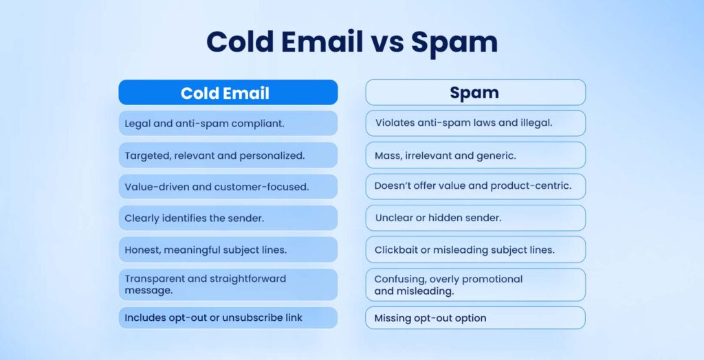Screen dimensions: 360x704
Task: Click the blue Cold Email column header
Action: click(228, 93)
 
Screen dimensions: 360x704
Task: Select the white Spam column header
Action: click(475, 93)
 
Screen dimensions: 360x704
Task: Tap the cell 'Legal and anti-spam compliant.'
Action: click(228, 124)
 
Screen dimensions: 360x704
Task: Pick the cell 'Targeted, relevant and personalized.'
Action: click(228, 155)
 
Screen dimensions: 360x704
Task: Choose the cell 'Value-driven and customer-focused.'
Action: click(228, 187)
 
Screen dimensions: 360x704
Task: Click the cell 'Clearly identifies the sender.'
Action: click(228, 218)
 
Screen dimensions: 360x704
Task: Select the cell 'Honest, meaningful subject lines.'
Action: click(228, 250)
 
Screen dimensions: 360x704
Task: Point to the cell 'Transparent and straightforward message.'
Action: click(228, 284)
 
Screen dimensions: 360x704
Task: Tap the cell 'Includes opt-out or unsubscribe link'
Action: click(228, 318)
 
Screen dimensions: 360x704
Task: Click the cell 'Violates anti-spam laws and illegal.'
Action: click(475, 124)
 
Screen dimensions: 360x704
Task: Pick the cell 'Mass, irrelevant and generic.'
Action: click(475, 155)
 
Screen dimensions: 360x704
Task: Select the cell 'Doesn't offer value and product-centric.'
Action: click(475, 187)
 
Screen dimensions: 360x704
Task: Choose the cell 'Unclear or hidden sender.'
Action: click(475, 218)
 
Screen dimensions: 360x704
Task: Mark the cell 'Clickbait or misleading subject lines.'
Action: click(475, 250)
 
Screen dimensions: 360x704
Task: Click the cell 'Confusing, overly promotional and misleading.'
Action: click(475, 284)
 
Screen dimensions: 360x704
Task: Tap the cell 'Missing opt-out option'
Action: click(475, 318)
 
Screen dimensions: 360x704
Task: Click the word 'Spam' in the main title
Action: click(454, 42)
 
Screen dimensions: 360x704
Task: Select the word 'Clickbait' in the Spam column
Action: click(395, 250)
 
